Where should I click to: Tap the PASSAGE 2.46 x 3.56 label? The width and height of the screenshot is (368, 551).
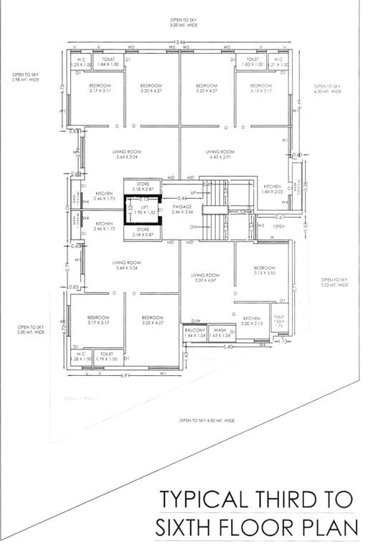click(183, 209)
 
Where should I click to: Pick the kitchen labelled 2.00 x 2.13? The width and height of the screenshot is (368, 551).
click(251, 321)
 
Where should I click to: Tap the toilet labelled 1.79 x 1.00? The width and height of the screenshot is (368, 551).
click(107, 356)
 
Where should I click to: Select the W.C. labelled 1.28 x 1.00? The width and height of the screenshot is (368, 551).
click(80, 356)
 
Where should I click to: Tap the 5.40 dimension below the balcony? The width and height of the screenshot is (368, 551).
click(228, 348)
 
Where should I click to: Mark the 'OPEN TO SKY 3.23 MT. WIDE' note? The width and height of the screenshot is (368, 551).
click(334, 282)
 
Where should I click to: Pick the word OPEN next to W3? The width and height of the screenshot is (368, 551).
click(278, 227)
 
